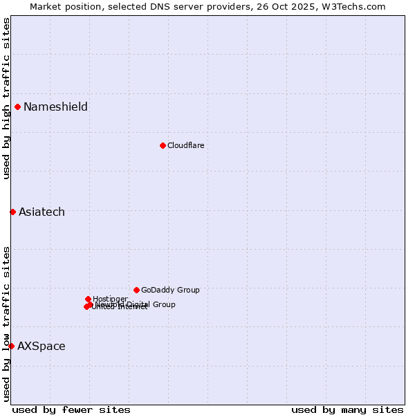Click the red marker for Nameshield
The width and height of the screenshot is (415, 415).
click(17, 107)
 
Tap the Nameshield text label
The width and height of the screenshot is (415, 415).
click(55, 107)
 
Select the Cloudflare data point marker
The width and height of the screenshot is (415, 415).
click(163, 145)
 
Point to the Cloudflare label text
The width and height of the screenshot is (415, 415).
click(185, 145)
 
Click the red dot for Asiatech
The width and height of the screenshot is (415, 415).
click(12, 212)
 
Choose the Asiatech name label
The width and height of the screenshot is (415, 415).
click(41, 212)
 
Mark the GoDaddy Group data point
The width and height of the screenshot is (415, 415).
click(136, 290)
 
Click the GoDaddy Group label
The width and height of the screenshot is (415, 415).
click(170, 290)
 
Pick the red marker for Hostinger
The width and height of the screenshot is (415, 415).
click(88, 299)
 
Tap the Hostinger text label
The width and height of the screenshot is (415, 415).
click(110, 299)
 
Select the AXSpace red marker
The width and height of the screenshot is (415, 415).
click(11, 346)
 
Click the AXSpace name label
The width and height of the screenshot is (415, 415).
click(41, 346)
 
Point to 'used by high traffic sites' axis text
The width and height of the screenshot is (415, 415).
click(7, 98)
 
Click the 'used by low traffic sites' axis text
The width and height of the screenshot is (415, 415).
click(7, 324)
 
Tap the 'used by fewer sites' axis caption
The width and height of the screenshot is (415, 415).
click(71, 409)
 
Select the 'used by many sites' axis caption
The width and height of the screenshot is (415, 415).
click(347, 409)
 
